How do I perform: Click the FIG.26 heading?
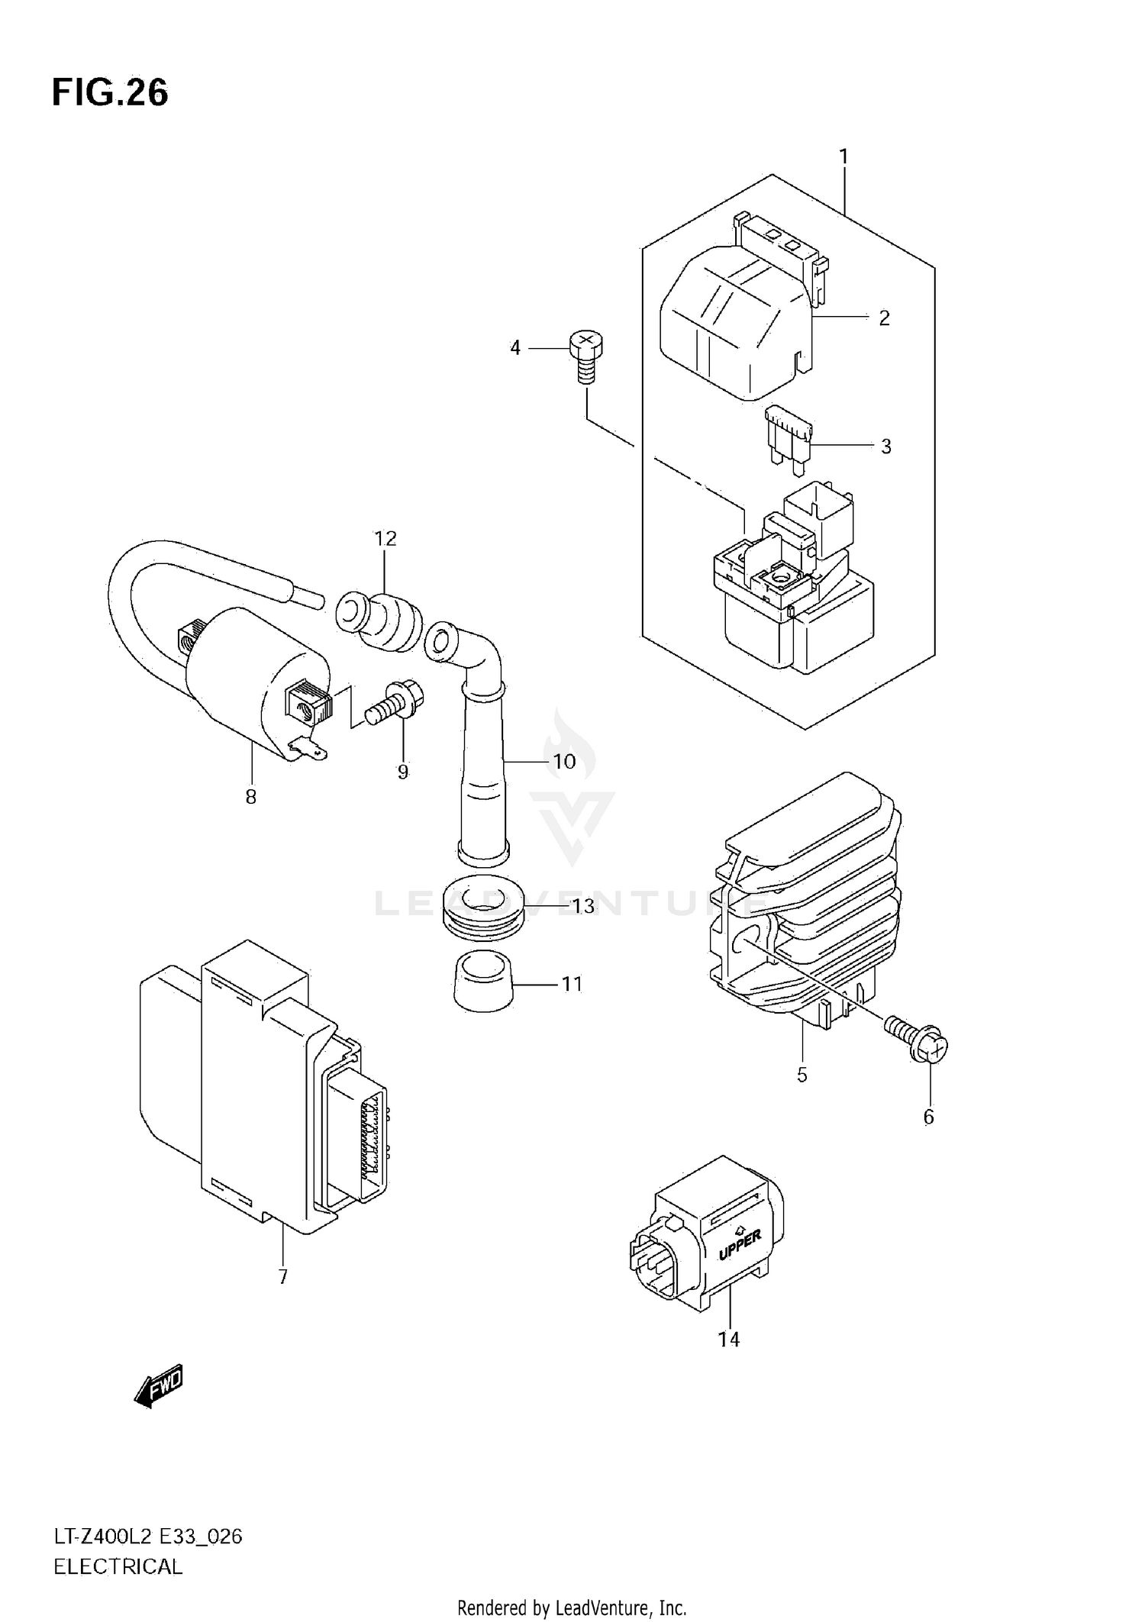click(x=110, y=93)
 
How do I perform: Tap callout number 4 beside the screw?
click(x=515, y=348)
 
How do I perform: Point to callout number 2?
click(x=884, y=318)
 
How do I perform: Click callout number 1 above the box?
click(x=843, y=156)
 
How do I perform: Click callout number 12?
click(x=385, y=539)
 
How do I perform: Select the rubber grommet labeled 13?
click(x=482, y=912)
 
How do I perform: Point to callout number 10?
click(x=563, y=761)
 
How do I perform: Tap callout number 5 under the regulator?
click(x=801, y=1075)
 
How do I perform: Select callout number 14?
click(x=729, y=1339)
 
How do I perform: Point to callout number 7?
click(x=282, y=1276)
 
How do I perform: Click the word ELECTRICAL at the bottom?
click(x=118, y=1567)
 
